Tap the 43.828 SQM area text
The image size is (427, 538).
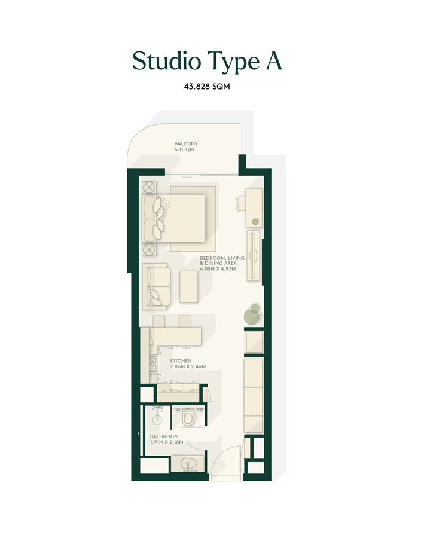[x=208, y=87]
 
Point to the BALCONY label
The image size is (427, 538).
[x=186, y=144]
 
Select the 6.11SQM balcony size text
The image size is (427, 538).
[x=185, y=150]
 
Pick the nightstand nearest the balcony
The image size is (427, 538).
[x=149, y=187]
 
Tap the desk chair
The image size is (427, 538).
[x=240, y=203]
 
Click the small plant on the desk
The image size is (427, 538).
[x=255, y=221]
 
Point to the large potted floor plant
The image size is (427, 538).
[x=252, y=315]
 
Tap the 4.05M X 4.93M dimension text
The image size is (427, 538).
[x=218, y=268]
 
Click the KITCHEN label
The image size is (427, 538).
[x=181, y=361]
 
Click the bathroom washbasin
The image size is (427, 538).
[x=187, y=464]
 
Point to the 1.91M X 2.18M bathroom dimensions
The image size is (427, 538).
[x=166, y=443]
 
